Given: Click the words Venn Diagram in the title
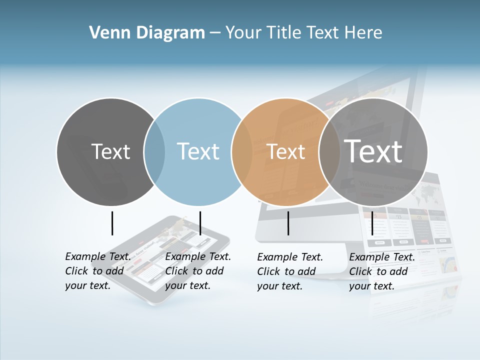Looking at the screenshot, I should (147, 33).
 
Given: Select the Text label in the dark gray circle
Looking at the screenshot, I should (110, 151).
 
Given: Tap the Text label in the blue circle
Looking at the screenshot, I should (198, 151).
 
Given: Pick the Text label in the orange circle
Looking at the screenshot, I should (286, 151).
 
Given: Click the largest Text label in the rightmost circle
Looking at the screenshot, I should (373, 151).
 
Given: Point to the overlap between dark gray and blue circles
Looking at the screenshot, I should (154, 151).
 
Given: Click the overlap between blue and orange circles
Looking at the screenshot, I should (242, 151).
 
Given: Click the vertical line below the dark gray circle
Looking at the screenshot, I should (112, 223).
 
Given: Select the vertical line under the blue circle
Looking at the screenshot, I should (200, 223).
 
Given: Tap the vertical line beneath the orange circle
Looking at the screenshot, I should (288, 223).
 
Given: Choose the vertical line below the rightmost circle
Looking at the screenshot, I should (372, 223).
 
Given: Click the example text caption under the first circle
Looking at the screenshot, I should (97, 271).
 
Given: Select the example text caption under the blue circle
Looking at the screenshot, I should (197, 271).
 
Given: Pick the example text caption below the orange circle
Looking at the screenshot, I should (289, 271).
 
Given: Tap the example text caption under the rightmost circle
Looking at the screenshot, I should (381, 271).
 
